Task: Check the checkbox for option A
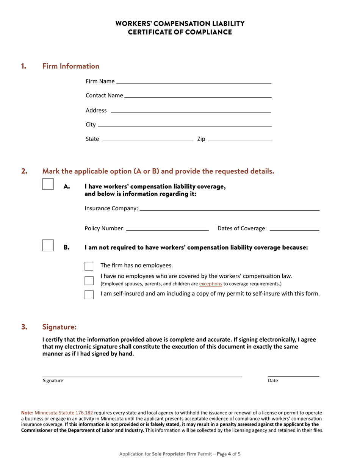pos(48,184)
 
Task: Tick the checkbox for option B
pos(48,245)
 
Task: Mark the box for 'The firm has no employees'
pos(89,266)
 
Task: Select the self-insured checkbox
pos(89,294)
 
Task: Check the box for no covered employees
pos(89,280)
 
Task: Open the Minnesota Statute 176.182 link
pos(64,413)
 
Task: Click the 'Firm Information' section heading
pos(71,66)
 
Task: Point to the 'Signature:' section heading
pos(59,327)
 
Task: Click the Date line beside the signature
pos(293,375)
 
